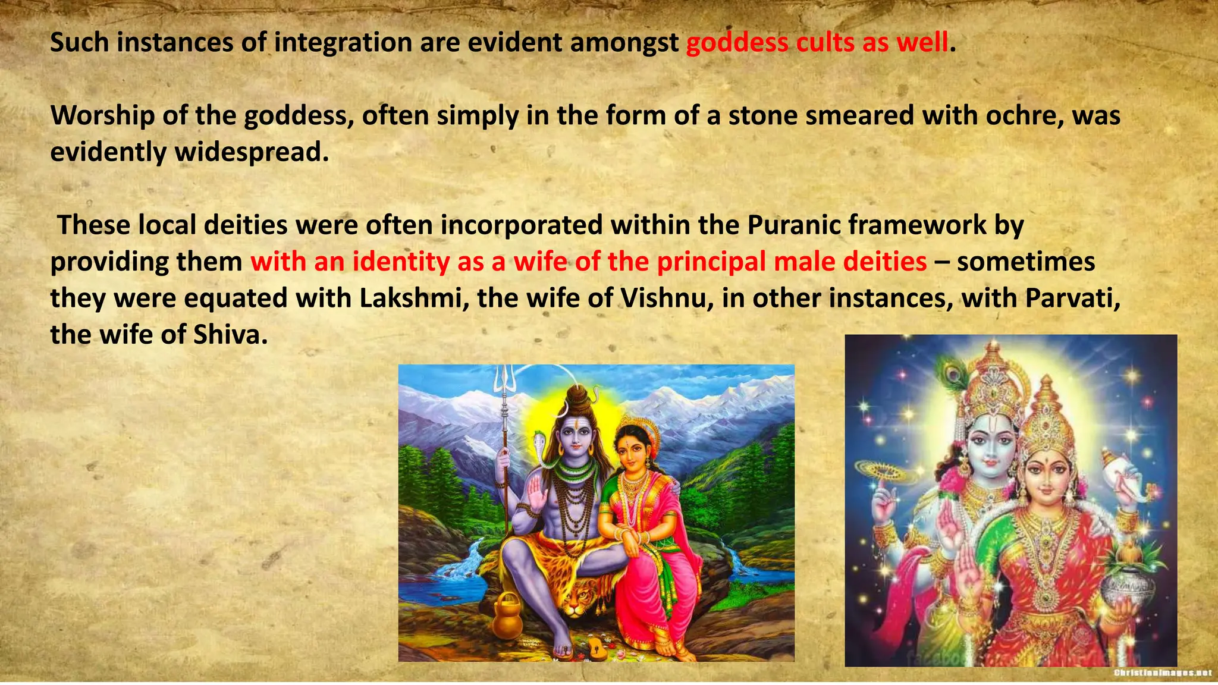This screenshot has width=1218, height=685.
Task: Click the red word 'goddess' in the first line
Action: (737, 43)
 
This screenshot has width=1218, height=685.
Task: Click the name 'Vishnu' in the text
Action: (664, 298)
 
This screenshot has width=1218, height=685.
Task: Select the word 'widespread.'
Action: (252, 152)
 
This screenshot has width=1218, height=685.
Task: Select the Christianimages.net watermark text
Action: (1162, 673)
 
